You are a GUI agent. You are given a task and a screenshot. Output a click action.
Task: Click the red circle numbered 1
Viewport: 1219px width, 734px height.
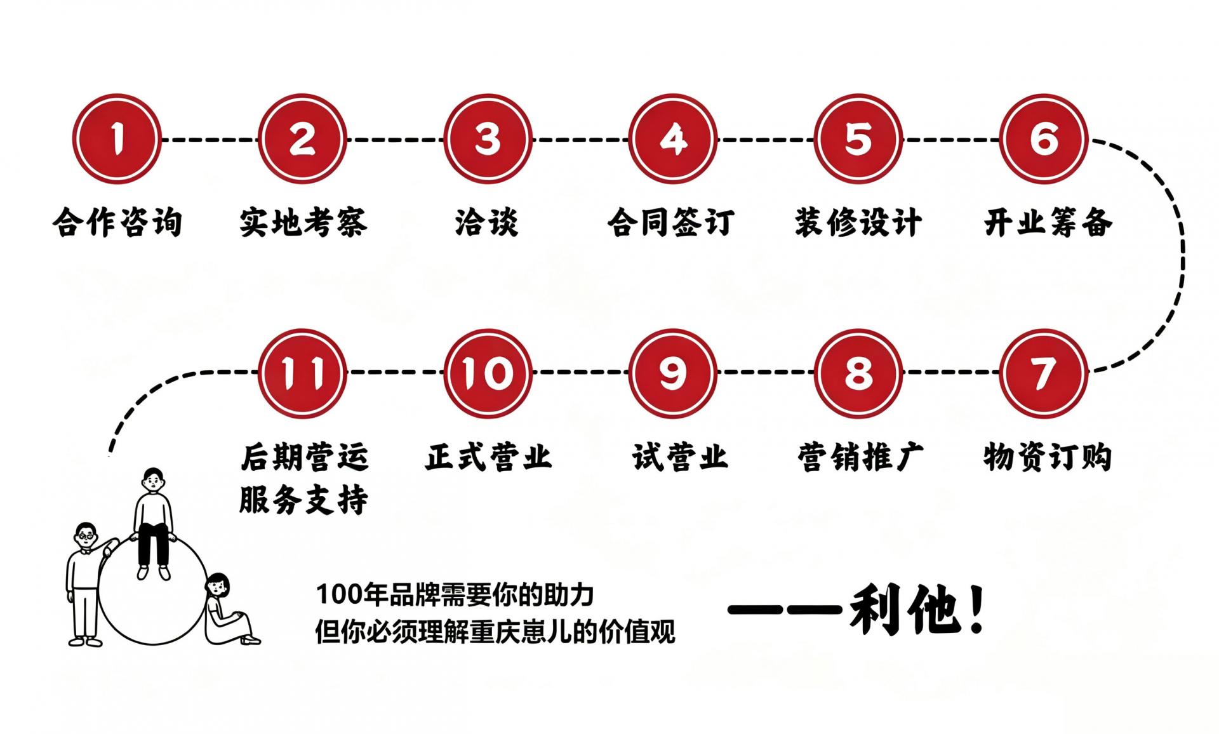117,139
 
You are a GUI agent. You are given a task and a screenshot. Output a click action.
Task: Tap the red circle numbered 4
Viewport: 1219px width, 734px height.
673,139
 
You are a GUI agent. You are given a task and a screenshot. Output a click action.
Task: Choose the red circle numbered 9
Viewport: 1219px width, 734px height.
673,373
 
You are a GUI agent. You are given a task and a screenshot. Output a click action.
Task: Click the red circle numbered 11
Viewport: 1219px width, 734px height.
303,373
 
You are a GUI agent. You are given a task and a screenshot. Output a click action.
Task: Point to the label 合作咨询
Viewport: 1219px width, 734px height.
117,222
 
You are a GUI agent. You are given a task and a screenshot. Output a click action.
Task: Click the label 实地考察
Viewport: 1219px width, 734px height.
303,222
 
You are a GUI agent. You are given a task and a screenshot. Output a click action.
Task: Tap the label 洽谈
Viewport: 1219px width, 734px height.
487,222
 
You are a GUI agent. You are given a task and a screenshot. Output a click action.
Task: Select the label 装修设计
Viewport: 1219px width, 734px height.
858,222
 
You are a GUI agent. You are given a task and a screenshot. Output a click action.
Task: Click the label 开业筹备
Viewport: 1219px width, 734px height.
1048,222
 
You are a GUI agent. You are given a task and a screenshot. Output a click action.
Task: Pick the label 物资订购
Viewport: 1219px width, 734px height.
1048,457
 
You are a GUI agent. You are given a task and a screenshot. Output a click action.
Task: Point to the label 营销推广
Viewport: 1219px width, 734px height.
861,457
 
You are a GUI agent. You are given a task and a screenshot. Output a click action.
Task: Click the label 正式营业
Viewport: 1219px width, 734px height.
488,457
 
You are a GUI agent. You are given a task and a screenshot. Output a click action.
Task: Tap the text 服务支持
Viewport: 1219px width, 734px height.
303,500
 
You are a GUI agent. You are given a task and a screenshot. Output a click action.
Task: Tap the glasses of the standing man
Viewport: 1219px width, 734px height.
86,537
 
